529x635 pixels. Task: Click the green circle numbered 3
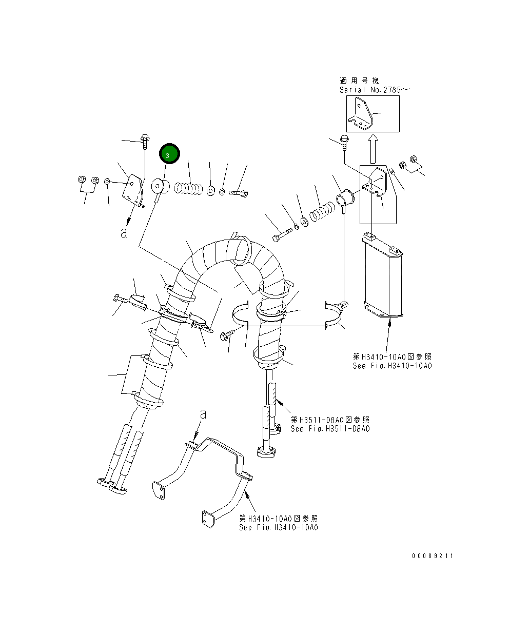(x=169, y=154)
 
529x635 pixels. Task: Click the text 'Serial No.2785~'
(x=374, y=90)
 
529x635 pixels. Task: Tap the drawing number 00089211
(x=432, y=556)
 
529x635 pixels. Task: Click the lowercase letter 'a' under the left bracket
(x=124, y=232)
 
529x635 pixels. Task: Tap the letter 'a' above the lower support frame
(x=203, y=413)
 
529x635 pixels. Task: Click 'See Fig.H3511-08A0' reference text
(x=329, y=429)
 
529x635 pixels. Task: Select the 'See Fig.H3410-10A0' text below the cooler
(x=392, y=366)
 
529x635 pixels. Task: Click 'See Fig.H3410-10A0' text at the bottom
(x=278, y=527)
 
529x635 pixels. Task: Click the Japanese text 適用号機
(x=359, y=81)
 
